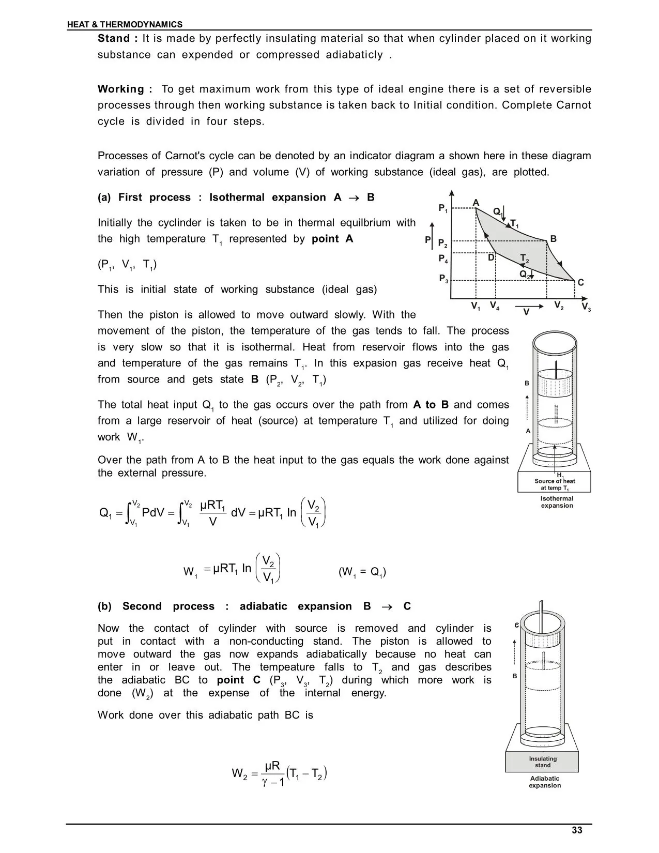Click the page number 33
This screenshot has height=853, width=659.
(x=577, y=830)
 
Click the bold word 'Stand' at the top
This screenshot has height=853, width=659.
(x=113, y=38)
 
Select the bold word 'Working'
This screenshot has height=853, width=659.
(x=121, y=89)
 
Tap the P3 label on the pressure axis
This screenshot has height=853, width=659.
(x=443, y=279)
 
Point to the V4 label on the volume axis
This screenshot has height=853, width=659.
(x=495, y=306)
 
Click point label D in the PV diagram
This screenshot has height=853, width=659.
(x=491, y=257)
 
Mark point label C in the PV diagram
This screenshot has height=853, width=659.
(x=580, y=282)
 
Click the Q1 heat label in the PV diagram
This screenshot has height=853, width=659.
(x=498, y=212)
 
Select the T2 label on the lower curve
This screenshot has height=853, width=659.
(x=525, y=258)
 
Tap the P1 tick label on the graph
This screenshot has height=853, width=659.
(x=443, y=208)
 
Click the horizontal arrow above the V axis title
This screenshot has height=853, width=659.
(x=529, y=306)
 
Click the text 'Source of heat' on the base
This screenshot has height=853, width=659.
(x=554, y=481)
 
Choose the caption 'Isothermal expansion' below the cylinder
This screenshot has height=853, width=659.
(x=557, y=502)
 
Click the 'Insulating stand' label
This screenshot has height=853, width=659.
(x=542, y=762)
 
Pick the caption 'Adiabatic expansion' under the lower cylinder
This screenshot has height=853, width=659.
(x=544, y=782)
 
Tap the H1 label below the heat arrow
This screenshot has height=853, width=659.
(x=560, y=476)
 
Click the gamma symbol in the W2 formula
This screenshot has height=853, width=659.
(x=265, y=782)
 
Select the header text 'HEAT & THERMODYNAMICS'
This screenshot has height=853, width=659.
(x=125, y=24)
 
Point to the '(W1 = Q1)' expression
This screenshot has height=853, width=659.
(x=362, y=572)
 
